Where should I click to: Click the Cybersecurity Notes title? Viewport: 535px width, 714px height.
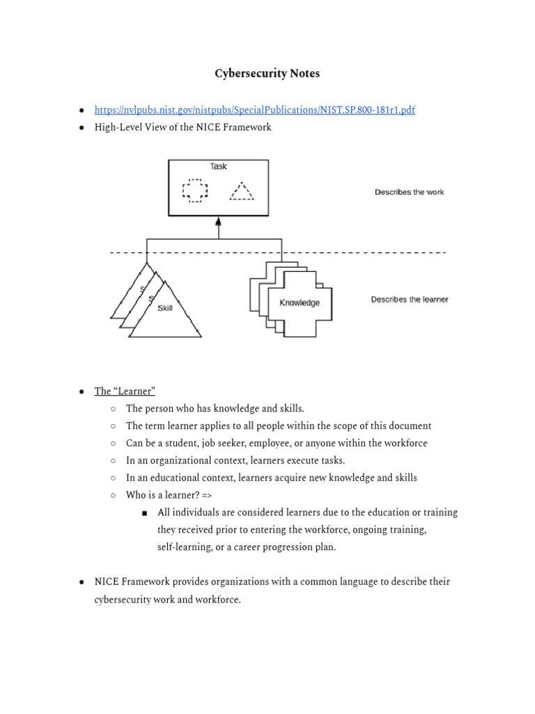[267, 74]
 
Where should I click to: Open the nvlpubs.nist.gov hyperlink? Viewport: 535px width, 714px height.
[255, 110]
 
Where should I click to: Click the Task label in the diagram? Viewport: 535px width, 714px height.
[218, 167]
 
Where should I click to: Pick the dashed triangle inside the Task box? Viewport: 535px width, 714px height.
[241, 191]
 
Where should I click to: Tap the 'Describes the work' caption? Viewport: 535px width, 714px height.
[409, 192]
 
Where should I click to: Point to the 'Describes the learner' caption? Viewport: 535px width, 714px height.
[409, 300]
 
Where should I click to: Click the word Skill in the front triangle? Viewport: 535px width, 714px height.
[165, 308]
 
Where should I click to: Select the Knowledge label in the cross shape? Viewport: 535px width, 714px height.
[300, 303]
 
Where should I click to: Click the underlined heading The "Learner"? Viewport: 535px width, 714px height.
[125, 391]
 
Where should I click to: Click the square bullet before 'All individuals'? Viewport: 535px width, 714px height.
[145, 513]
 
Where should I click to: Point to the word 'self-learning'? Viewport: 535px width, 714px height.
[183, 547]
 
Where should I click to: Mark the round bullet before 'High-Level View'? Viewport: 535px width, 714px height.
[82, 128]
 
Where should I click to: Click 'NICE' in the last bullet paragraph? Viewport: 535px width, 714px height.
[107, 582]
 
